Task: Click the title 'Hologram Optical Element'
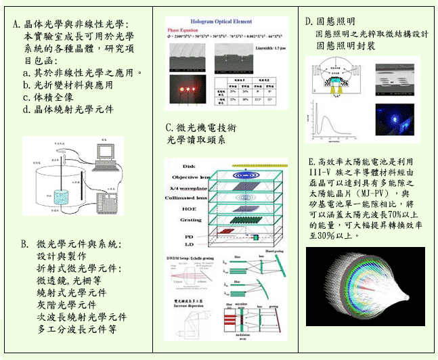tap(227, 22)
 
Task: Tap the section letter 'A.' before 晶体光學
tap(17, 25)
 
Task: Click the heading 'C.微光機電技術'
tap(200, 128)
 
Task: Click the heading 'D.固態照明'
tap(330, 22)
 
